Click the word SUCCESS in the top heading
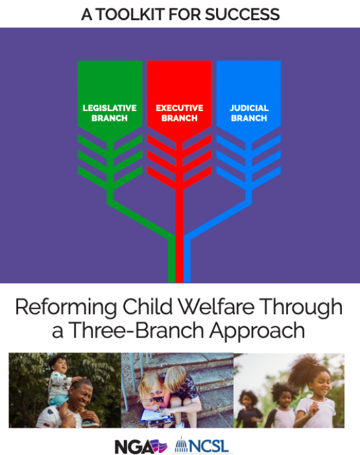point(242,14)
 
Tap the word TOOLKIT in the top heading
point(130,14)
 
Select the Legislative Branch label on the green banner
point(110,113)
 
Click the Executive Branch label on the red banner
point(179,113)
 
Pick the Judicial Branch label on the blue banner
point(249,113)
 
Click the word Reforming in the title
point(66,308)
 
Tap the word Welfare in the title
point(216,306)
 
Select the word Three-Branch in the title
point(136,330)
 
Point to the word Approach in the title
point(257,331)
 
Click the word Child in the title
point(147,306)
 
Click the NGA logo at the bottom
point(141,447)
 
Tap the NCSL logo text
point(210,446)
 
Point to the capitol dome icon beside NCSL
point(182,445)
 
